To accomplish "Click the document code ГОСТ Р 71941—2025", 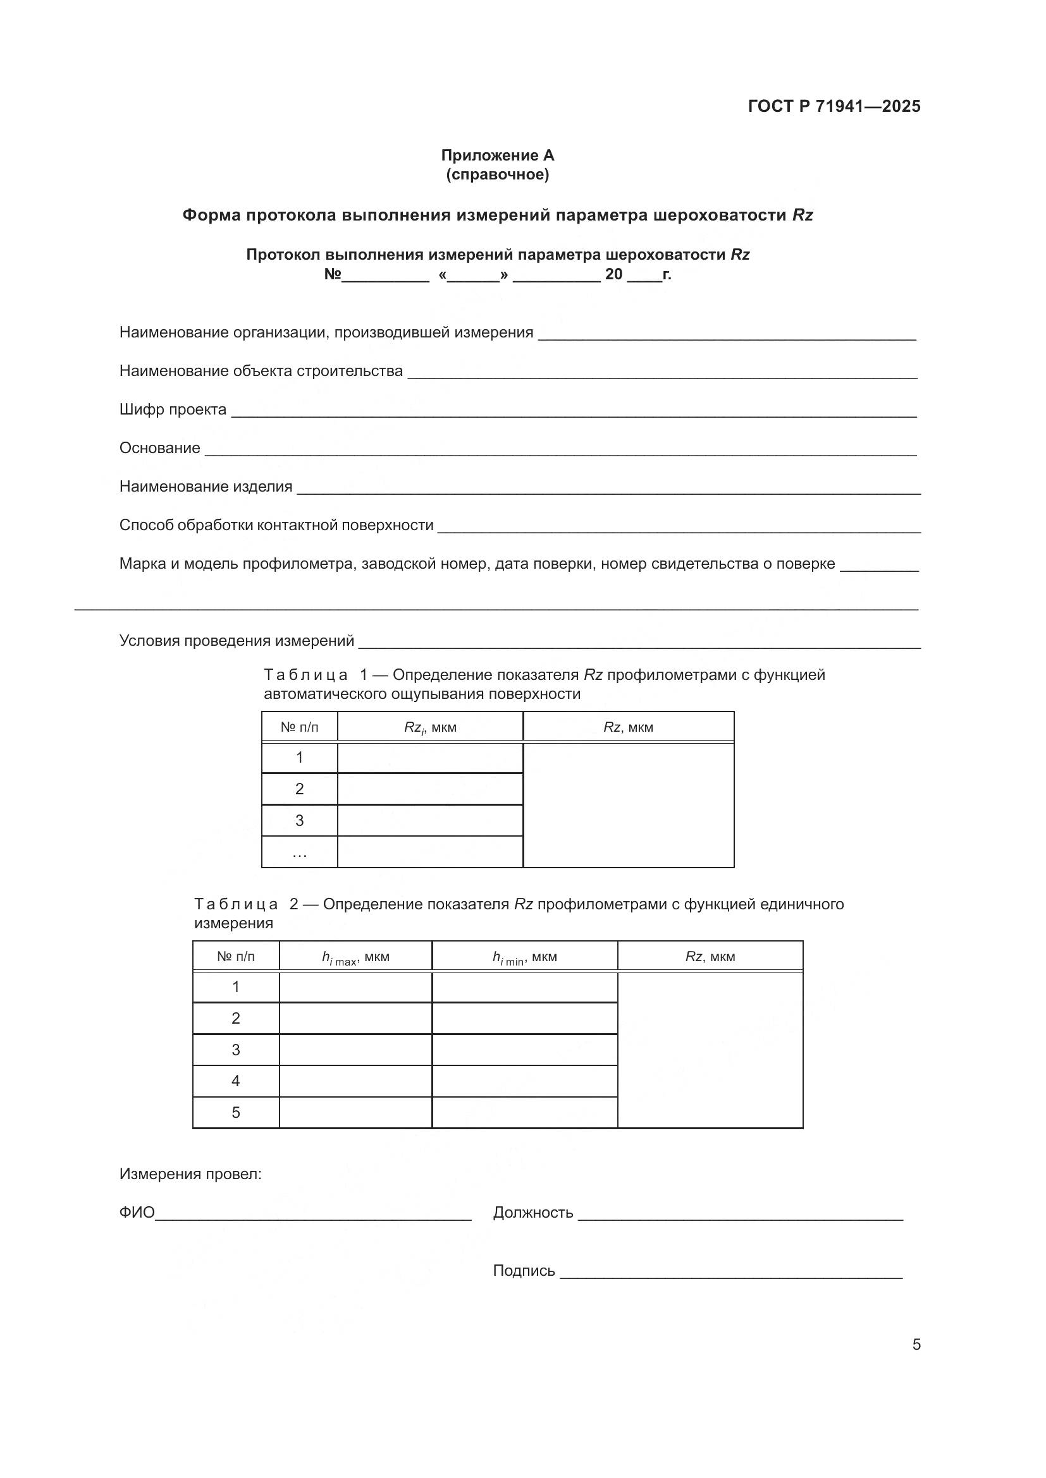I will [x=834, y=106].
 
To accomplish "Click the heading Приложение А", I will [x=497, y=155].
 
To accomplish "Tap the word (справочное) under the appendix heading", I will [x=497, y=174].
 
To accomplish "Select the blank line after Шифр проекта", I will [x=573, y=412].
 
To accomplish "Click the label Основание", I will [x=160, y=448].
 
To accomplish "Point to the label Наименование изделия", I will [x=206, y=487].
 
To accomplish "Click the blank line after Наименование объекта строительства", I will [x=662, y=373].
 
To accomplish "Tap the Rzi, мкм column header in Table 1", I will [x=429, y=727].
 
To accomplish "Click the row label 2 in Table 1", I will [x=300, y=789].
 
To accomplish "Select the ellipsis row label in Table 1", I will [x=300, y=853].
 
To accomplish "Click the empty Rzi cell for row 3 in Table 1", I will [x=429, y=821].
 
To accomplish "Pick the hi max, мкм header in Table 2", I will [x=355, y=957].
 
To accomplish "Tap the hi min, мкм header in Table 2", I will [x=524, y=957].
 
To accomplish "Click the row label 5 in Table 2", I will [x=236, y=1112].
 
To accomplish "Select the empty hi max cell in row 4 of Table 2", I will [x=355, y=1081].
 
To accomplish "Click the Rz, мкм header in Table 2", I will [x=710, y=957].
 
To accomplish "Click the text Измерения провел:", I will [x=190, y=1174].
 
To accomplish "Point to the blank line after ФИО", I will [x=314, y=1215].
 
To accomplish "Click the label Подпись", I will [x=524, y=1271].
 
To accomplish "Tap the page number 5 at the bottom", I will [x=916, y=1345].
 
